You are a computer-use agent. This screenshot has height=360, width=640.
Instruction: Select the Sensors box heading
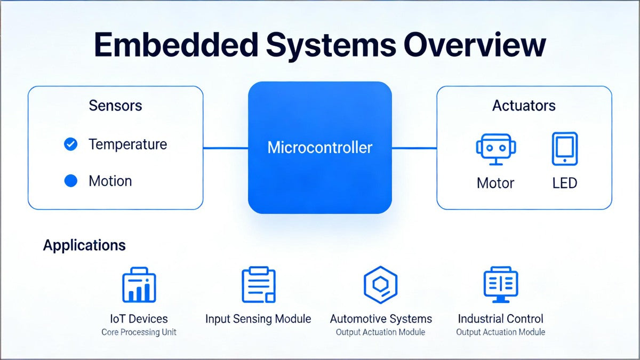116,105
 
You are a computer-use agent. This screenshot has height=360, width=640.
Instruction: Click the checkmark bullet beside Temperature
70,144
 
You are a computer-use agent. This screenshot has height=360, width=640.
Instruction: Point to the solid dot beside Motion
70,181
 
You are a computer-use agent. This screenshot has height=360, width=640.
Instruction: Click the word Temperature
127,144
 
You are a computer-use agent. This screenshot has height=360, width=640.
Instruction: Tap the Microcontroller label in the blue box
319,147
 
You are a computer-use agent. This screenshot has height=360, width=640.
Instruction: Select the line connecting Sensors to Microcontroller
226,148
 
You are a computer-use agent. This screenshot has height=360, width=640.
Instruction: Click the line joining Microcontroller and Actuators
414,148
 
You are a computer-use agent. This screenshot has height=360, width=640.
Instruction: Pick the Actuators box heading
524,106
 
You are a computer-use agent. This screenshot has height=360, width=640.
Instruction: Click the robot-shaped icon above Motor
496,149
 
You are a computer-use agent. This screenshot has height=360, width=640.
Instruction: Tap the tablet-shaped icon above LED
564,149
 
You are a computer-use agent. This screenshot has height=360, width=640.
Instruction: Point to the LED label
564,183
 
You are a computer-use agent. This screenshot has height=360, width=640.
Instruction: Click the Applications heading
84,245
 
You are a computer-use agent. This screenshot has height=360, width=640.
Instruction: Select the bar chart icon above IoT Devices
139,285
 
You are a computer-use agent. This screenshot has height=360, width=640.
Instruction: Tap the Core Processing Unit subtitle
139,332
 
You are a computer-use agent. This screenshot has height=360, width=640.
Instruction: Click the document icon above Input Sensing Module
259,285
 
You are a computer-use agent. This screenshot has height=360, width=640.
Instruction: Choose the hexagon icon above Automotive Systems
380,284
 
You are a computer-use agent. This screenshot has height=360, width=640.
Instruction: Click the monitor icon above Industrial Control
500,284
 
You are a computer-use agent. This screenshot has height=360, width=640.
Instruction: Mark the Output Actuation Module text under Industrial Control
500,332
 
